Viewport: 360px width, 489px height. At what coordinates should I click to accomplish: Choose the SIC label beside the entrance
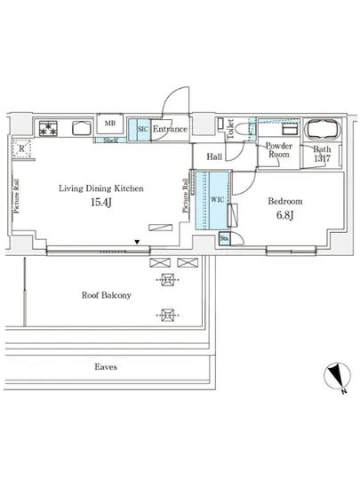point(141,130)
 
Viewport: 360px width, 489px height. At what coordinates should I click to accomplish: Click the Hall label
point(214,157)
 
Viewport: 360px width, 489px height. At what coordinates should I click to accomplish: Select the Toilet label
point(230,131)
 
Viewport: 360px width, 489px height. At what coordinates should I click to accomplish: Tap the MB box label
point(111,124)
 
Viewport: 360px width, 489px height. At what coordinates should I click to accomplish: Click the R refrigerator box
point(21,149)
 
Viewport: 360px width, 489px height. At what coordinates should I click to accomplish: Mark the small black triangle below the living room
point(137,241)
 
